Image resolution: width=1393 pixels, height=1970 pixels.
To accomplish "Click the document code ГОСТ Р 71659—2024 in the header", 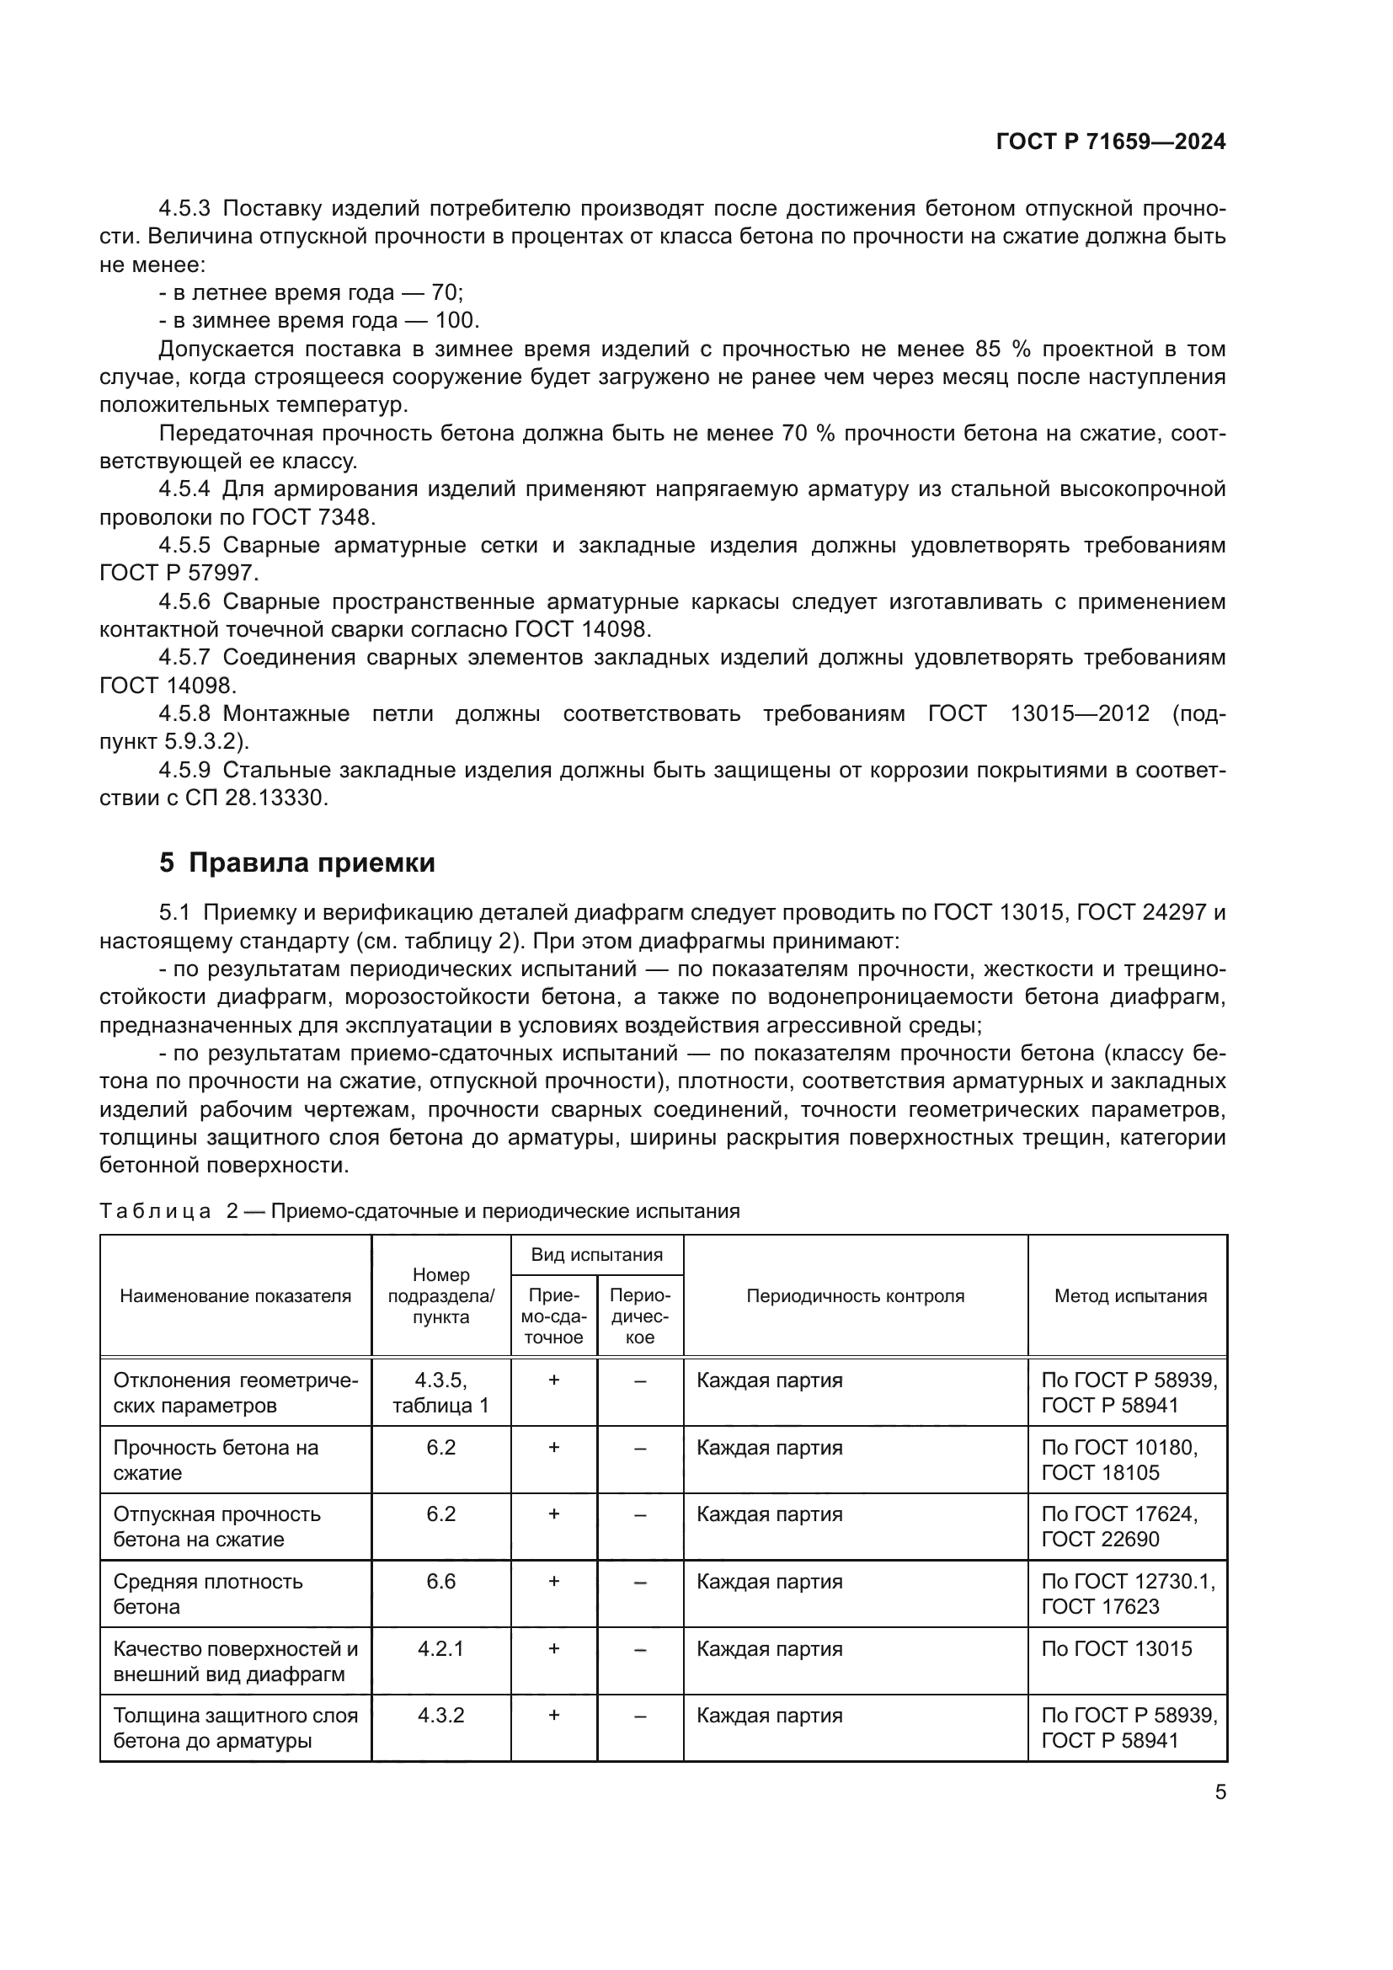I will [1110, 142].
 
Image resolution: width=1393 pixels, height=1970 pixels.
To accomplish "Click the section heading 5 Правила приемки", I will [296, 863].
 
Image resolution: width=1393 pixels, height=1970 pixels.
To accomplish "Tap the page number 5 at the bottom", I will [1220, 1792].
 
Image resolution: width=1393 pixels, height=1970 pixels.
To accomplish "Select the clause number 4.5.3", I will [184, 209].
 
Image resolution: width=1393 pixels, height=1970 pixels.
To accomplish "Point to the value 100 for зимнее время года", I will [455, 321].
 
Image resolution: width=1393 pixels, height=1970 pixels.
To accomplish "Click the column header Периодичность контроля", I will [854, 1296].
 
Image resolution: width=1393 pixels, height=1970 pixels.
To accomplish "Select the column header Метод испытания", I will [1129, 1296].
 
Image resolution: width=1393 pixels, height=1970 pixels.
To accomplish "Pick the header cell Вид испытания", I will [596, 1255].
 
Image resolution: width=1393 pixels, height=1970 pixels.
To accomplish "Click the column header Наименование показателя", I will [235, 1296].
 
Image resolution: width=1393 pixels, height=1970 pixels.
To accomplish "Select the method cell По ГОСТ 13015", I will [1116, 1648].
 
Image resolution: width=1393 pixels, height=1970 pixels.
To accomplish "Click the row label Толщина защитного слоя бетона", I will [235, 1728].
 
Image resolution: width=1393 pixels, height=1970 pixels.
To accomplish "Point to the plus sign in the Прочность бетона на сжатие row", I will [553, 1448].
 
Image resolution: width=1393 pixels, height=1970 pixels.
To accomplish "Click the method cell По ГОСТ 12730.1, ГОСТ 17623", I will [1127, 1594].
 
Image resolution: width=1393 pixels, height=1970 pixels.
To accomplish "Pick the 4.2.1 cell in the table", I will [440, 1648].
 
